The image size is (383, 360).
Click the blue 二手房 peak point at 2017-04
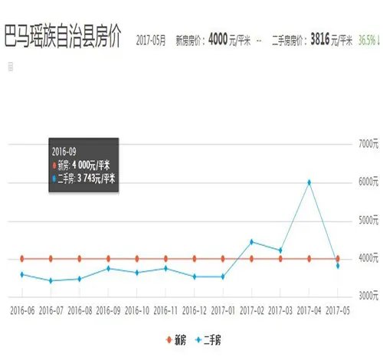click(x=309, y=182)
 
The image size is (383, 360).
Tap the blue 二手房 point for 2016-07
click(x=51, y=280)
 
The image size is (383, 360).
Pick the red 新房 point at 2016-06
click(x=22, y=258)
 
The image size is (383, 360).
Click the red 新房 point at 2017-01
click(x=223, y=258)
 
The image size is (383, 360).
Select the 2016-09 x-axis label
click(x=108, y=312)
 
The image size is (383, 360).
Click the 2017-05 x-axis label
click(x=338, y=312)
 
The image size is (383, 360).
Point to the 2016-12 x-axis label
click(x=194, y=312)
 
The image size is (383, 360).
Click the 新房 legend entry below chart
click(x=178, y=338)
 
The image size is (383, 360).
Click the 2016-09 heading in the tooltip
click(x=64, y=151)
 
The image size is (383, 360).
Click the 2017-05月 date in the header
click(x=150, y=41)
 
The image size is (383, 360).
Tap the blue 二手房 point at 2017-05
click(x=337, y=266)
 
